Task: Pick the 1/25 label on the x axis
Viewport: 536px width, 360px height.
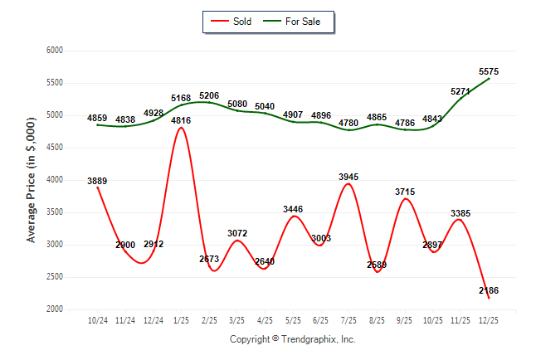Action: (180, 319)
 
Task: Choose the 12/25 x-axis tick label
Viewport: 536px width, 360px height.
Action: (488, 319)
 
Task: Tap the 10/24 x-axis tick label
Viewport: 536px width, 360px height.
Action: (97, 319)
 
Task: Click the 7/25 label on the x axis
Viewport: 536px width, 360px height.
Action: (348, 319)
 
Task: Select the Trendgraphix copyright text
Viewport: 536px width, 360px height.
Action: (292, 339)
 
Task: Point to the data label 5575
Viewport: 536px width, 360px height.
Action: (488, 71)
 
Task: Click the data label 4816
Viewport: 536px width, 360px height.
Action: (182, 121)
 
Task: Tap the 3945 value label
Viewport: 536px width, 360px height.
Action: (348, 176)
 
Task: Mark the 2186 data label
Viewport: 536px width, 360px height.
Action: (488, 290)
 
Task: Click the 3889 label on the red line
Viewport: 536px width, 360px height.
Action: (98, 181)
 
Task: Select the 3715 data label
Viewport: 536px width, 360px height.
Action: (404, 192)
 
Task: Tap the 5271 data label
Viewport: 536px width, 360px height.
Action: (460, 90)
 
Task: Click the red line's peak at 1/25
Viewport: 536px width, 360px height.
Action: (181, 128)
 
